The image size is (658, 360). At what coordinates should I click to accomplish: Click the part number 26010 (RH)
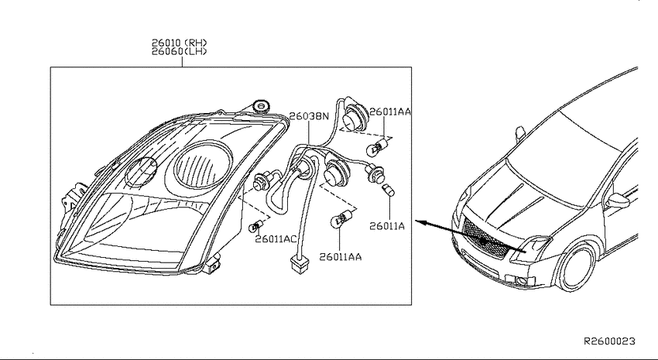point(179,43)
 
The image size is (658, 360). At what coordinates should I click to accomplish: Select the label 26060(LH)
point(179,52)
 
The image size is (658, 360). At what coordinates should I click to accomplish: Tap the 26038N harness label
point(310,116)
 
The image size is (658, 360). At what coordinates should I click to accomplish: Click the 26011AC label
point(276,239)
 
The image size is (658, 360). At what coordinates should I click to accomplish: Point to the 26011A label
point(387,226)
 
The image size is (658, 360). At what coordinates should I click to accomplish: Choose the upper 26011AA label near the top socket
point(390,111)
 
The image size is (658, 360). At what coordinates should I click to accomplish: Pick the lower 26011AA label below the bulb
point(341,257)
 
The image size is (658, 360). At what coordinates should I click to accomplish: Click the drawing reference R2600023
point(610,341)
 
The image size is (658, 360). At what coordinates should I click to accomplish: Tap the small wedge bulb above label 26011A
point(388,190)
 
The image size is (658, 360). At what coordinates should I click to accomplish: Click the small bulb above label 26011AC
point(255,226)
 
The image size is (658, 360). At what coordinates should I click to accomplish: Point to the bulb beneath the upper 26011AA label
point(376,147)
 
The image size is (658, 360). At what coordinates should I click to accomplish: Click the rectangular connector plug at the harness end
point(300,265)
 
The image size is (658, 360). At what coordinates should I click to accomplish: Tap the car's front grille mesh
point(486,238)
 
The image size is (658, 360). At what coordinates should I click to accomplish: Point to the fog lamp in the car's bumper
point(521,282)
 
